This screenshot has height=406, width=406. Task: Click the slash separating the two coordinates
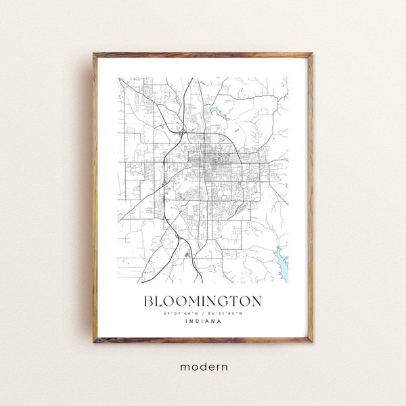coord(202,313)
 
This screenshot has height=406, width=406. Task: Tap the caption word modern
coord(202,367)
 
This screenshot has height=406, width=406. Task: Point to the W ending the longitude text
coord(242,313)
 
